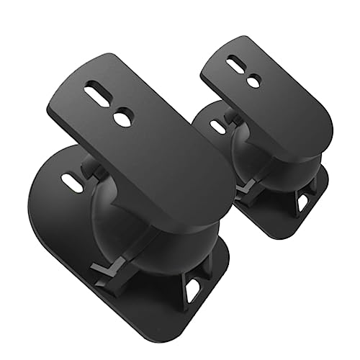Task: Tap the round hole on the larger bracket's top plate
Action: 123,117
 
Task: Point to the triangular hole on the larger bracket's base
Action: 192,289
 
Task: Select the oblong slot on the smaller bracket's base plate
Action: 216,126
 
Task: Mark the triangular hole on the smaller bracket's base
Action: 302,202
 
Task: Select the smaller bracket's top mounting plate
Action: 274,101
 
